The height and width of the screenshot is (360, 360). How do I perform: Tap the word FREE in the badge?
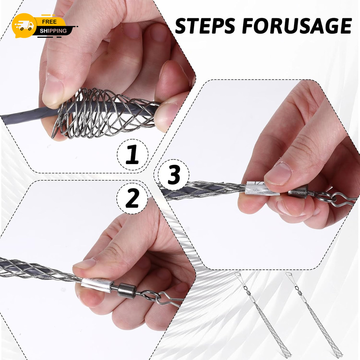pyautogui.click(x=49, y=22)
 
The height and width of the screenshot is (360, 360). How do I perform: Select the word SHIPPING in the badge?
pyautogui.click(x=53, y=31)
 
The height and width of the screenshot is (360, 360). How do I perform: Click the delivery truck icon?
pyautogui.click(x=25, y=25)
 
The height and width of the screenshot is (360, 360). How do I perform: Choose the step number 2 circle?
pyautogui.click(x=132, y=198)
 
